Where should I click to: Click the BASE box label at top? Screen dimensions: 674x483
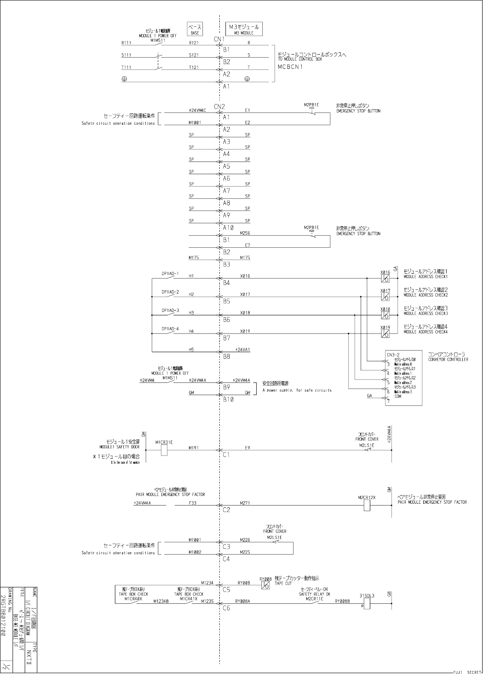point(195,29)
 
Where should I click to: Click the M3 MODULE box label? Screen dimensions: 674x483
point(244,29)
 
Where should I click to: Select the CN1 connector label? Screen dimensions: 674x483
point(219,39)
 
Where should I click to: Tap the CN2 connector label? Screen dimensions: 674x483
point(219,107)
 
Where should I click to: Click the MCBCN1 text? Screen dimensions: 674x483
point(290,67)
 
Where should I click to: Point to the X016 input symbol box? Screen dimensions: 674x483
point(385,279)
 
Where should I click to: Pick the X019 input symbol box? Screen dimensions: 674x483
point(385,334)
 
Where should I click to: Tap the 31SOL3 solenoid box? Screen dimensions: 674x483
point(367,604)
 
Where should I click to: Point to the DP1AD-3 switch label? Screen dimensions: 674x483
point(170,311)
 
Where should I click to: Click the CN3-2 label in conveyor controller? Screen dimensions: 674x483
point(393,355)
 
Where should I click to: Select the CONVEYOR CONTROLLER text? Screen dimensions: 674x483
point(448,360)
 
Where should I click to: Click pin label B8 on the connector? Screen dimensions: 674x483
point(226,357)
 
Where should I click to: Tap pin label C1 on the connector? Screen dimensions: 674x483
point(226,455)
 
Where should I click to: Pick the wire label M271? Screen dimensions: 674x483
point(245,503)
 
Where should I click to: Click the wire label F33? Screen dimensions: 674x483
point(193,503)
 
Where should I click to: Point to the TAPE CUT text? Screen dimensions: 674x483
point(283,583)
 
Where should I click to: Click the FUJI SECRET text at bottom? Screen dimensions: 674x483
point(467,672)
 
